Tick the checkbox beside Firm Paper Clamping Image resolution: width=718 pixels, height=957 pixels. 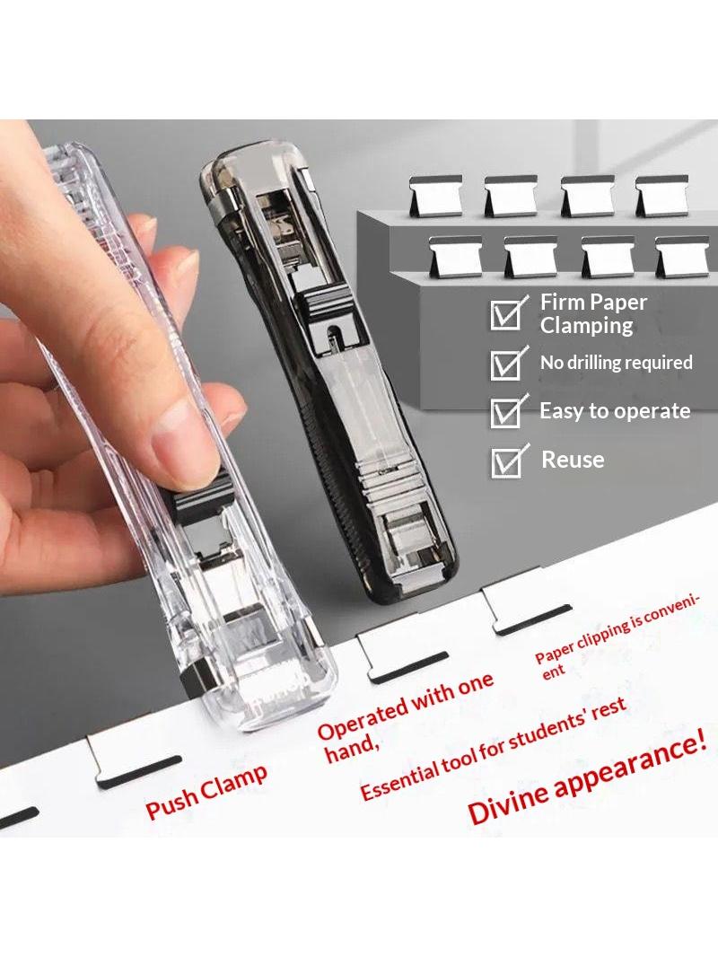click(506, 313)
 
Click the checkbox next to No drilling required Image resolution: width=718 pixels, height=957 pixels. click(506, 364)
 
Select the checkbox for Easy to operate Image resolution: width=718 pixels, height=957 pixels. click(506, 412)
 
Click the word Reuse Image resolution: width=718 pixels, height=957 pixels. click(573, 460)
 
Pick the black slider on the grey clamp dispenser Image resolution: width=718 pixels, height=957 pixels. click(334, 313)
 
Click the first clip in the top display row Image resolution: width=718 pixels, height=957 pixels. click(436, 196)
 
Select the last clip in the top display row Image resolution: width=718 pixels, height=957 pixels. click(662, 196)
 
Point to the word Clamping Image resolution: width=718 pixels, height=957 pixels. click(586, 326)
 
